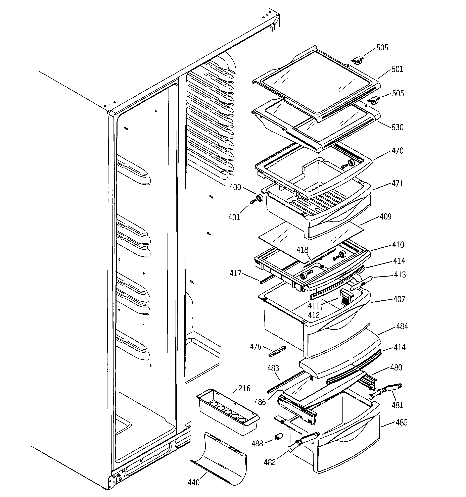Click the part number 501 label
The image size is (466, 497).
point(397,69)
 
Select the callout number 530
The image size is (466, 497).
point(398,128)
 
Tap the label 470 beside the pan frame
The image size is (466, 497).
point(398,151)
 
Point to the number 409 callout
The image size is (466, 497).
point(385,216)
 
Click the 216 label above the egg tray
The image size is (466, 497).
point(244,388)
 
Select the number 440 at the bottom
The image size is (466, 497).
point(194,482)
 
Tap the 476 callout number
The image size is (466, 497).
point(255,347)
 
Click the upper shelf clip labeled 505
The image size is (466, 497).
point(358,60)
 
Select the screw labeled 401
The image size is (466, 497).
point(253,201)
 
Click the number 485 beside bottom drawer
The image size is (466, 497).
point(402,423)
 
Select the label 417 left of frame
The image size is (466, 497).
point(235,273)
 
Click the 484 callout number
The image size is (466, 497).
point(402,326)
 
